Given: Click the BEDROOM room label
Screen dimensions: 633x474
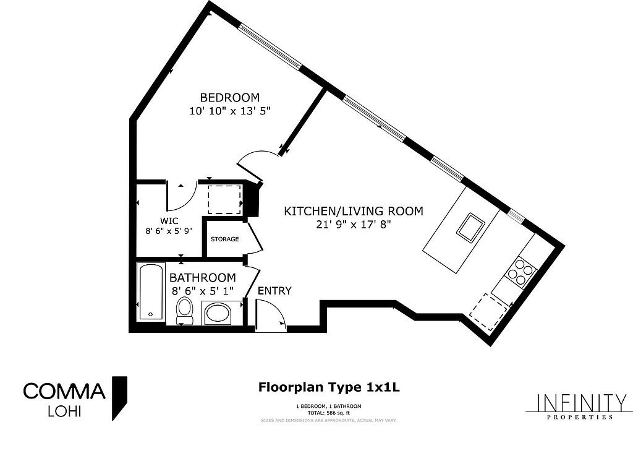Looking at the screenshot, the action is (x=230, y=98).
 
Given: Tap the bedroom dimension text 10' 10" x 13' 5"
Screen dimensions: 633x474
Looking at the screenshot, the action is (x=230, y=111).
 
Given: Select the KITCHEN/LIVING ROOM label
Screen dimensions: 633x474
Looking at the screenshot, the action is (x=354, y=211).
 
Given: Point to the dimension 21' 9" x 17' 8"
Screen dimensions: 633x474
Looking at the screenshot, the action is (x=354, y=224).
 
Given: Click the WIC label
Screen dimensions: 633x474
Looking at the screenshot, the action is (x=169, y=221).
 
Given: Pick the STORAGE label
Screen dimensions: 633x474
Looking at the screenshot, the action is (x=225, y=239).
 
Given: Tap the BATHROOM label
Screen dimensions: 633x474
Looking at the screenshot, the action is (x=203, y=278).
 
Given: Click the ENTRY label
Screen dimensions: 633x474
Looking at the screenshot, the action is (x=274, y=291).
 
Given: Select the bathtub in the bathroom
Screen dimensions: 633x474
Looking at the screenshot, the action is (x=151, y=291).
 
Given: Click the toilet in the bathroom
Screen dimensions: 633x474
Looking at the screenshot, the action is (x=185, y=311).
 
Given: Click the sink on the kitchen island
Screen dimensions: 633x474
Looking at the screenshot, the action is (x=470, y=226).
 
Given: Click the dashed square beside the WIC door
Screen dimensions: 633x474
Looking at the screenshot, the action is (x=225, y=200).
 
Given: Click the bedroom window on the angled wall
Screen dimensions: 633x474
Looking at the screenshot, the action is (x=270, y=46).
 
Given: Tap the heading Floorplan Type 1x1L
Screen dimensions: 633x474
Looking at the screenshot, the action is (x=329, y=387).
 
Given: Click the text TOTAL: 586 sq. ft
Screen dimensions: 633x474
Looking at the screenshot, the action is (x=329, y=413).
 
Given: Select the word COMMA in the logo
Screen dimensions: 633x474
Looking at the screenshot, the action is (x=64, y=391).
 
